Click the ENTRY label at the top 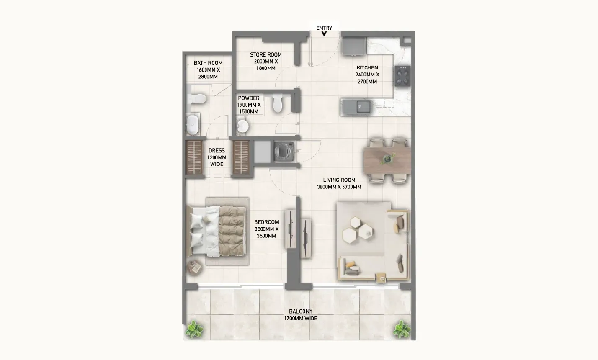[324, 28]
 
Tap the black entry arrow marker [324, 33]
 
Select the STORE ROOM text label [265, 55]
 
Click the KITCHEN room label [367, 68]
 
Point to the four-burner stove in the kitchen [402, 76]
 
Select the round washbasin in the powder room [242, 126]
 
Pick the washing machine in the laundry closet [284, 152]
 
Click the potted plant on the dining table [388, 158]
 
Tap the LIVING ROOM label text [339, 180]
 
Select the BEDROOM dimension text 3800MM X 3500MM [266, 232]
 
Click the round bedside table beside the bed [195, 267]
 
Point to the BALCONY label [301, 311]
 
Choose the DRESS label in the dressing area [217, 151]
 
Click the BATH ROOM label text [208, 63]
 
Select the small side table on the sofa [381, 278]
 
